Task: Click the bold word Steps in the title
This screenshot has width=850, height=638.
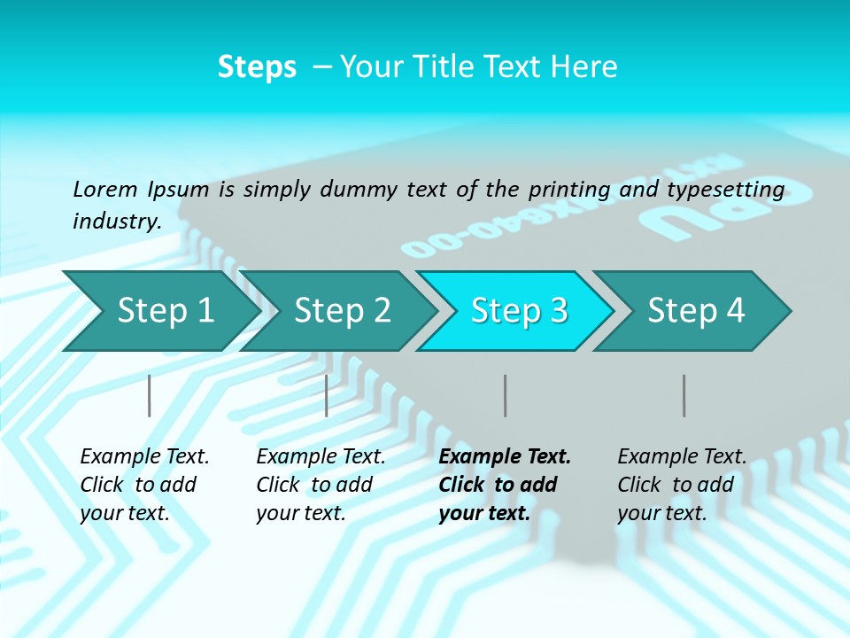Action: coord(257,67)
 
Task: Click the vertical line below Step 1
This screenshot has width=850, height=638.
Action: coord(149,395)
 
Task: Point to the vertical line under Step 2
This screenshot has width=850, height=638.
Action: coord(327,395)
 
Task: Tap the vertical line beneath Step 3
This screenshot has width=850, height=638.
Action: coord(505,395)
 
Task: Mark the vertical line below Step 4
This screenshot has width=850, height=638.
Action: coord(684,395)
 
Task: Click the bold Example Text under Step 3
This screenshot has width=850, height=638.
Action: coord(505,485)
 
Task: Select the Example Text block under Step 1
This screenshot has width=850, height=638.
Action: coord(144,485)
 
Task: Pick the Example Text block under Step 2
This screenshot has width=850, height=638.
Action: coord(321,485)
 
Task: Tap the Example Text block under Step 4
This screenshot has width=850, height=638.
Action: coord(682,485)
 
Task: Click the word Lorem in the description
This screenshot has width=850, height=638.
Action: coord(105,189)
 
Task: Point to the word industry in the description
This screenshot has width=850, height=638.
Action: coord(117,222)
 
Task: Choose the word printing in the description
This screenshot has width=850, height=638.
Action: coord(569,190)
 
